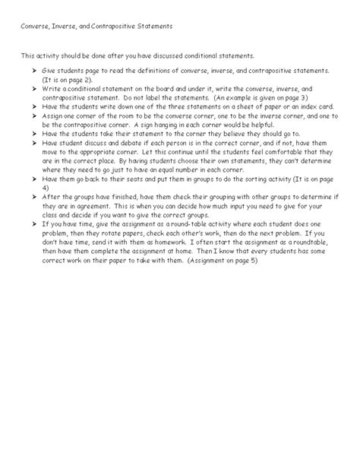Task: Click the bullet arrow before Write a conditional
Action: [x=34, y=90]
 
